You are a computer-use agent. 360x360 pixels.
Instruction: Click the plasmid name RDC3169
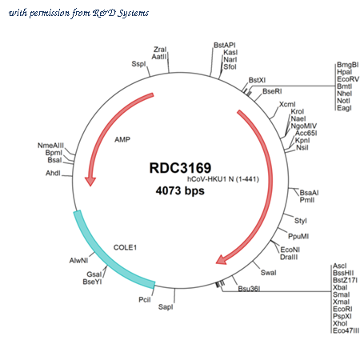(x=180, y=168)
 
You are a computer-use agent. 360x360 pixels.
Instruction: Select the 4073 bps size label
(x=180, y=190)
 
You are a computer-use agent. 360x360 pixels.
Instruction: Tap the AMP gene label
(x=122, y=139)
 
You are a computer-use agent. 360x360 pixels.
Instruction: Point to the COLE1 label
(x=125, y=247)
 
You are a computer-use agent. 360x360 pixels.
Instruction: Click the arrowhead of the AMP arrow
(x=90, y=182)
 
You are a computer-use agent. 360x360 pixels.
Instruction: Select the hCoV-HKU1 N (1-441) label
(x=223, y=179)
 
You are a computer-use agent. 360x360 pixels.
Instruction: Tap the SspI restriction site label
(x=138, y=64)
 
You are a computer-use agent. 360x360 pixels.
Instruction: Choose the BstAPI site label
(x=225, y=46)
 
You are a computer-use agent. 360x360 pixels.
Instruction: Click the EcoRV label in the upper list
(x=348, y=79)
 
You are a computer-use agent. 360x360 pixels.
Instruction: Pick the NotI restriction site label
(x=343, y=101)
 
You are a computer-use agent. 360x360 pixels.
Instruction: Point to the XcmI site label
(x=287, y=104)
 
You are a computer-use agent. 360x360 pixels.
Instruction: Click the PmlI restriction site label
(x=307, y=200)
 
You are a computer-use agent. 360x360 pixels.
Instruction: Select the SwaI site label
(x=268, y=273)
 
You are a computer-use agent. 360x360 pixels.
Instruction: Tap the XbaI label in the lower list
(x=340, y=287)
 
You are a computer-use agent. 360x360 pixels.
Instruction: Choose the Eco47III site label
(x=346, y=330)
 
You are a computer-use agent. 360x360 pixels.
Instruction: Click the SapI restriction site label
(x=166, y=307)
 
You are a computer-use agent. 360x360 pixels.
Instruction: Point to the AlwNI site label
(x=78, y=260)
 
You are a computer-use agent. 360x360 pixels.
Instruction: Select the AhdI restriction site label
(x=53, y=173)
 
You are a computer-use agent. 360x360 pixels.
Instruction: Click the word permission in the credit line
(x=50, y=14)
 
